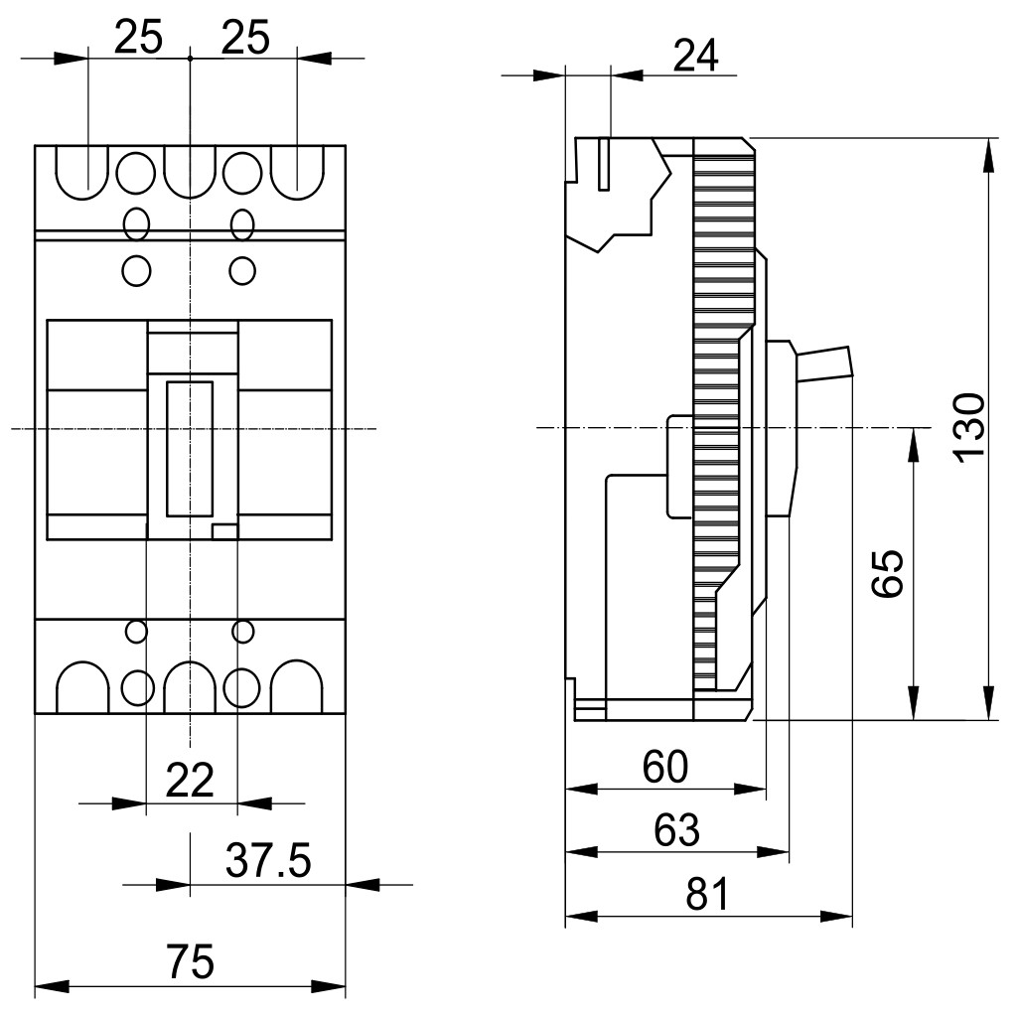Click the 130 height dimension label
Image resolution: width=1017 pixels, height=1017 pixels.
pos(970,428)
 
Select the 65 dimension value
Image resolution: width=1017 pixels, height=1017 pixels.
pos(887,573)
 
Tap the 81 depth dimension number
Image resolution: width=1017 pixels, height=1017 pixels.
pos(707,893)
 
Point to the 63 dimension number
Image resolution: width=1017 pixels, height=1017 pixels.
pos(676,829)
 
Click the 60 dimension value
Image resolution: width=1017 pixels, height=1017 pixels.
pos(664,767)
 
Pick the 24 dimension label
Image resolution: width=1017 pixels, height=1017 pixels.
pos(696,56)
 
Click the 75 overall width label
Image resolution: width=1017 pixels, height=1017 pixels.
pos(190,961)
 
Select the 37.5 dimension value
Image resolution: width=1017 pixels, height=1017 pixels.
pos(268,861)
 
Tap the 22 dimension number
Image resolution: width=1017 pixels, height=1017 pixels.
pos(190,781)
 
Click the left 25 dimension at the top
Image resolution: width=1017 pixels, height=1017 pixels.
pos(138,37)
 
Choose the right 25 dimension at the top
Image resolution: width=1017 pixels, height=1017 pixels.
pos(245,37)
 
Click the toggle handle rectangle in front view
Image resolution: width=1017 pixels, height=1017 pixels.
pos(190,449)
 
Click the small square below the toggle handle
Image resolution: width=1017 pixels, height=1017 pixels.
pos(225,532)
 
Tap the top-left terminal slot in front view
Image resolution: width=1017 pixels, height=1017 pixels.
pos(82,173)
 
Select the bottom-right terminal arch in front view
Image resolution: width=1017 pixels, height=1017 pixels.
pos(296,687)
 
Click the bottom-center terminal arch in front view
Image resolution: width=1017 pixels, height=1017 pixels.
pos(190,687)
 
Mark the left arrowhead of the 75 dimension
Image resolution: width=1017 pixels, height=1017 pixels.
pos(52,987)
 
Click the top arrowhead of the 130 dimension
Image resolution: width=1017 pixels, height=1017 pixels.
pos(988,155)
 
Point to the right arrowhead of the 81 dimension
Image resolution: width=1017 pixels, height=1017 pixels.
pos(836,917)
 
